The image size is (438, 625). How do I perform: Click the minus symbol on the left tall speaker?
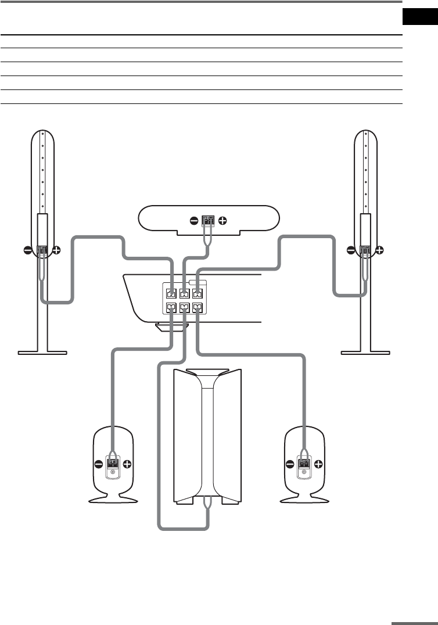27,251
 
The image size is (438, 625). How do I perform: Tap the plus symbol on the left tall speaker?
56,251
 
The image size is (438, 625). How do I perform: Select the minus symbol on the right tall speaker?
350,251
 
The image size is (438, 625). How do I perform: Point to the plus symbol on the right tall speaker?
379,251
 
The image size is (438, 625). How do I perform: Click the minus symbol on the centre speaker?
193,221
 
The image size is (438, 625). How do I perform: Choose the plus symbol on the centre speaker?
223,221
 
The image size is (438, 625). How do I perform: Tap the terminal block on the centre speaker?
208,221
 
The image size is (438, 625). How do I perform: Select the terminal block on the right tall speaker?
365,252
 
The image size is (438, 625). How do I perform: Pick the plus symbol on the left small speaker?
127,464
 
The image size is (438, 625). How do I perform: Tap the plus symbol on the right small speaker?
318,464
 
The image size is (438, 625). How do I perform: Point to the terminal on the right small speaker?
303,464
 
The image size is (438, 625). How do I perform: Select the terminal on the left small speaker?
112,464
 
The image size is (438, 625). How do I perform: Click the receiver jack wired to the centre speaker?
184,293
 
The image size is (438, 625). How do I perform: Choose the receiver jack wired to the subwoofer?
184,308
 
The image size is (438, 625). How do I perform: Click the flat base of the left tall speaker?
42,351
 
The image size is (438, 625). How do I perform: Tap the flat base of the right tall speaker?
366,351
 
